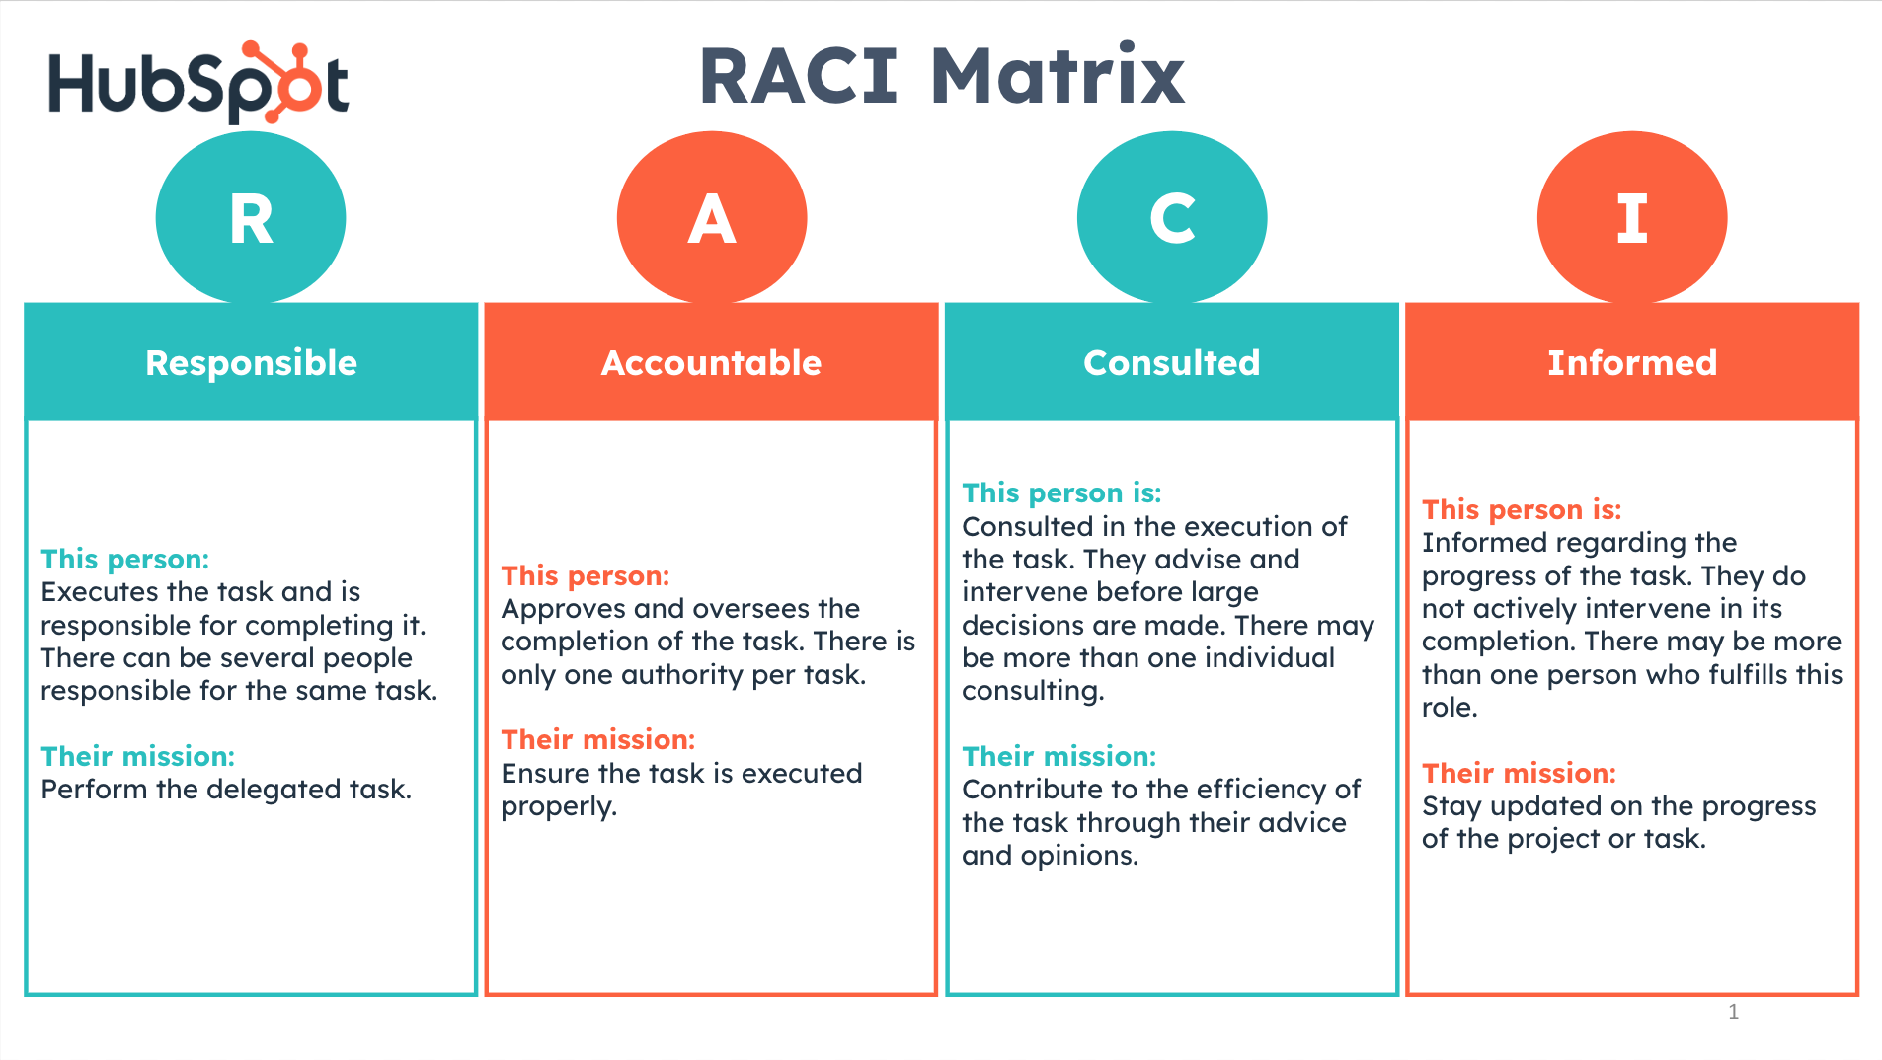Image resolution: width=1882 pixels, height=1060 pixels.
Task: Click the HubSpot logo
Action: pyautogui.click(x=197, y=83)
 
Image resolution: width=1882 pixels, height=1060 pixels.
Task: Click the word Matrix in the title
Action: pyautogui.click(x=1058, y=77)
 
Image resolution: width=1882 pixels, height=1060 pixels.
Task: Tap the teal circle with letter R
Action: pyautogui.click(x=251, y=217)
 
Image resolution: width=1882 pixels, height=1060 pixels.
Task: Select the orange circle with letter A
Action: pyautogui.click(x=712, y=217)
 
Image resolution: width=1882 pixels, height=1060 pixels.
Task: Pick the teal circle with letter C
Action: pyautogui.click(x=1172, y=217)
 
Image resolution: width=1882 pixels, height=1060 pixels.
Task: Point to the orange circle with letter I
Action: pyautogui.click(x=1632, y=217)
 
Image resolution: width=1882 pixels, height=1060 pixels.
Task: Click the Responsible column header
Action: pyautogui.click(x=251, y=362)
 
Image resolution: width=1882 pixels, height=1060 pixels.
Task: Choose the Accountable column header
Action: pyautogui.click(x=711, y=362)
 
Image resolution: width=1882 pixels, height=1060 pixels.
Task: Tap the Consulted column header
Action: pyautogui.click(x=1172, y=362)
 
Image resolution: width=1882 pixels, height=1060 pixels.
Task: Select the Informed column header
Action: pyautogui.click(x=1632, y=362)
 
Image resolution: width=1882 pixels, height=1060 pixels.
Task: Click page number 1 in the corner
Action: pyautogui.click(x=1733, y=1011)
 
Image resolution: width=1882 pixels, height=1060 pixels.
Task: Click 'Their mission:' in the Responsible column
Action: pyautogui.click(x=138, y=756)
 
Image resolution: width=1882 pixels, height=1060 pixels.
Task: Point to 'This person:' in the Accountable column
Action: pyautogui.click(x=586, y=575)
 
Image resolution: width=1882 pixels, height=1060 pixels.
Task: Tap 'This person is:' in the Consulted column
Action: pyautogui.click(x=1061, y=492)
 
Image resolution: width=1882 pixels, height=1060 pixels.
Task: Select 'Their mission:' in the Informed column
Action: pyautogui.click(x=1519, y=773)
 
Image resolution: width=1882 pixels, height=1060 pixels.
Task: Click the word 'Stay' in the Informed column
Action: pyautogui.click(x=1451, y=806)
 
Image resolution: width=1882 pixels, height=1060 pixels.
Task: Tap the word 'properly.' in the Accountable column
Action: pyautogui.click(x=559, y=806)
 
